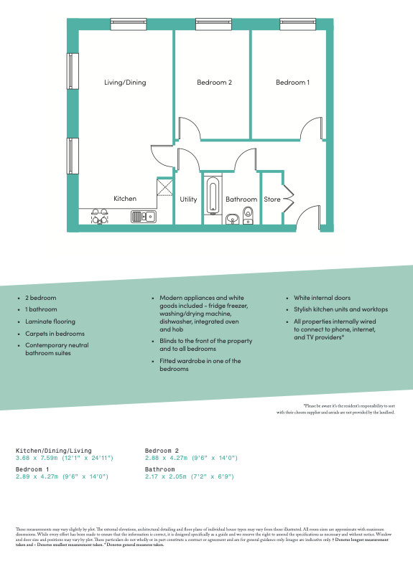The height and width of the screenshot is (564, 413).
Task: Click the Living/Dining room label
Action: click(x=125, y=83)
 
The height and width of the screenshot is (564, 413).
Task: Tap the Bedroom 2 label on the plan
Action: click(x=214, y=83)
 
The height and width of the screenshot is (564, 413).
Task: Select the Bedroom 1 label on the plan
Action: click(x=292, y=83)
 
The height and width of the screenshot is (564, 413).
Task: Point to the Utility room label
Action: click(x=188, y=199)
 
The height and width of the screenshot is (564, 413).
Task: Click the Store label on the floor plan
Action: click(x=272, y=199)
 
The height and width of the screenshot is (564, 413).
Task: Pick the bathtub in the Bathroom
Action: click(x=212, y=197)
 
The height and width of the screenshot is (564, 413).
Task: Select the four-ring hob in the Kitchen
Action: click(x=99, y=216)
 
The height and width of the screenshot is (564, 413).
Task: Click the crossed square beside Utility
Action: click(x=165, y=187)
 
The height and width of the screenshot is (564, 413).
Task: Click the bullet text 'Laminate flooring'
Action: click(x=50, y=321)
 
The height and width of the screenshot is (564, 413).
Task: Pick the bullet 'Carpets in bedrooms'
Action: click(x=55, y=334)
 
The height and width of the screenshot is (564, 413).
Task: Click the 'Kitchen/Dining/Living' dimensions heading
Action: click(x=54, y=451)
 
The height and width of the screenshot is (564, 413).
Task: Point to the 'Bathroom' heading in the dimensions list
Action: click(x=160, y=469)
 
